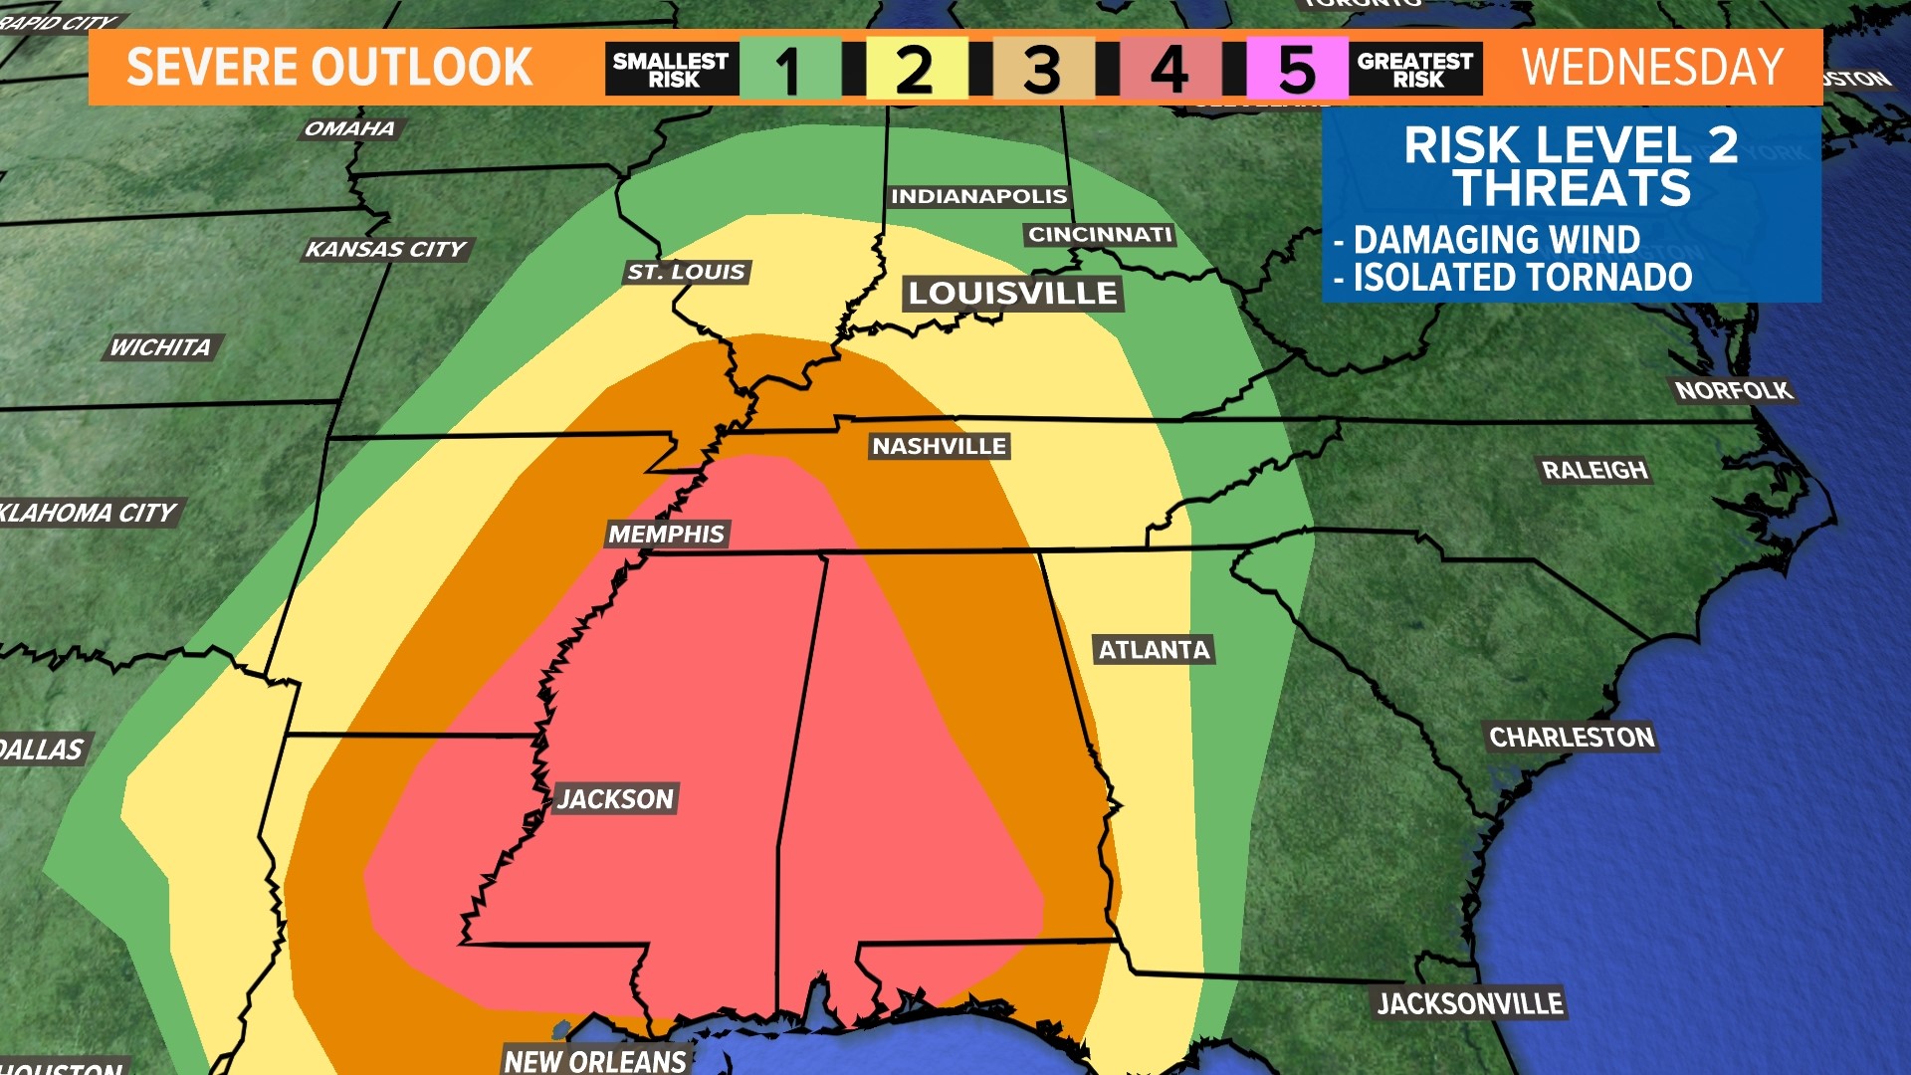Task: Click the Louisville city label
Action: click(1012, 294)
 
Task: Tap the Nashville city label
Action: click(940, 447)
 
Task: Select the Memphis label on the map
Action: click(667, 535)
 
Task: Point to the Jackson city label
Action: click(616, 799)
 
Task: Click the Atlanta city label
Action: click(1154, 651)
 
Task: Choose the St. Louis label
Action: click(686, 273)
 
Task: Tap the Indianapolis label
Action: click(978, 197)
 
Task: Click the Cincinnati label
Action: click(1100, 235)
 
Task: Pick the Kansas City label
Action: click(386, 250)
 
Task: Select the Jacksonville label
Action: click(1470, 1004)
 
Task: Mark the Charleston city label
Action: click(1571, 738)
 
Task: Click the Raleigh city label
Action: click(1594, 471)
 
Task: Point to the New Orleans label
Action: click(595, 1061)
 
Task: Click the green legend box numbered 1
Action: click(790, 70)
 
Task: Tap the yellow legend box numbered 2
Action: click(916, 70)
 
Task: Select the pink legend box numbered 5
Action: click(1297, 70)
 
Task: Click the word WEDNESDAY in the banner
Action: click(1652, 68)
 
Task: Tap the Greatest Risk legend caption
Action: click(1415, 70)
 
